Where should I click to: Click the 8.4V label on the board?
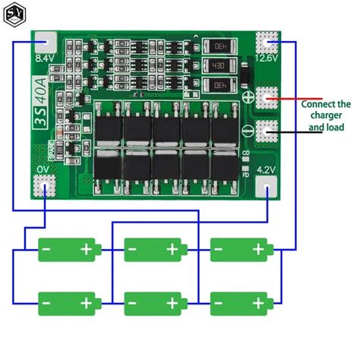coord(45,56)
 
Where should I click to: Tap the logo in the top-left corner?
coord(14,14)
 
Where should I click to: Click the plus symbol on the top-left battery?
coord(88,248)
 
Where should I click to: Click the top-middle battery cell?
coord(154,248)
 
